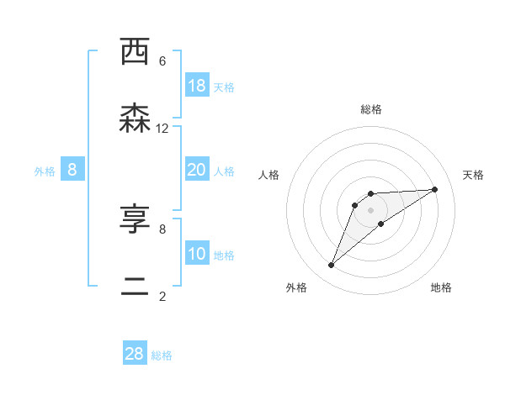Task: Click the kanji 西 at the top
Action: [x=135, y=51]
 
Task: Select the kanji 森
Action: [x=135, y=118]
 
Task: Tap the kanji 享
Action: [x=135, y=219]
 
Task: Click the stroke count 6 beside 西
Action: [x=162, y=61]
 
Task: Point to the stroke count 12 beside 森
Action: [x=162, y=128]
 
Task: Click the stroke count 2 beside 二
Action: [x=162, y=296]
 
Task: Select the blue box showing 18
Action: [x=197, y=86]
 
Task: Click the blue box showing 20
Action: [x=197, y=170]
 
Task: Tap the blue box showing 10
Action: [x=197, y=254]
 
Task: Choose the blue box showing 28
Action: [x=135, y=354]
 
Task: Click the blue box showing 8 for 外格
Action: [x=72, y=170]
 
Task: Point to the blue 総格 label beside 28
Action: [x=162, y=355]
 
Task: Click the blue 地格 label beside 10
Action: [x=224, y=255]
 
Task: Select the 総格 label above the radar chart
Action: [x=371, y=109]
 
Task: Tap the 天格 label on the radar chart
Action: [x=473, y=175]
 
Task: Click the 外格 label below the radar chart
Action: [x=296, y=287]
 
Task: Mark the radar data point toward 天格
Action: [x=434, y=189]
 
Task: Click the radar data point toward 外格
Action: [x=332, y=266]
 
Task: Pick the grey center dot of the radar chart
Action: [x=371, y=209]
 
